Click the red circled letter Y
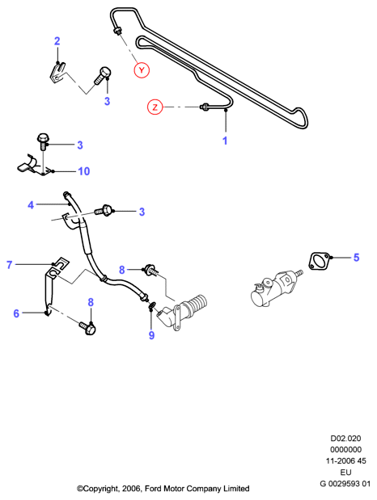(142, 70)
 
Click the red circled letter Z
(155, 107)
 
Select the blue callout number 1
(225, 141)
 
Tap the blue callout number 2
(57, 41)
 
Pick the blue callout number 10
(84, 171)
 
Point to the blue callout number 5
(356, 258)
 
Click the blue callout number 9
(151, 335)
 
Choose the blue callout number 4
(31, 205)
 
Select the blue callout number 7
(9, 265)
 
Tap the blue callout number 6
(16, 313)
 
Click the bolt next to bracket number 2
(102, 75)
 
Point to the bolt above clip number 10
(42, 141)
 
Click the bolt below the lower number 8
(87, 327)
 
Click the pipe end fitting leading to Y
(117, 31)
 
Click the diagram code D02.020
(345, 439)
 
